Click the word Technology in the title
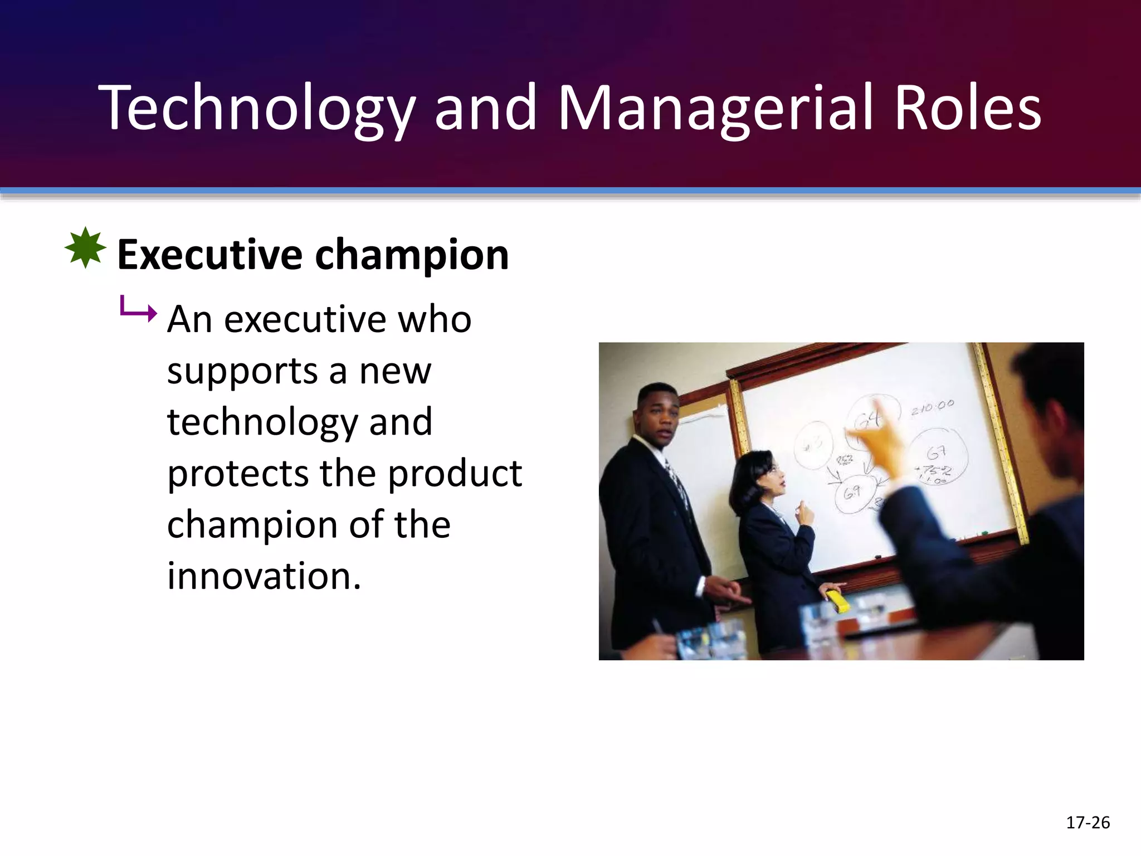[x=256, y=109]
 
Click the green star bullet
[x=85, y=247]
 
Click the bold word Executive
[x=209, y=255]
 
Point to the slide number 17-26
[x=1088, y=823]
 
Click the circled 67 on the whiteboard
[x=937, y=453]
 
